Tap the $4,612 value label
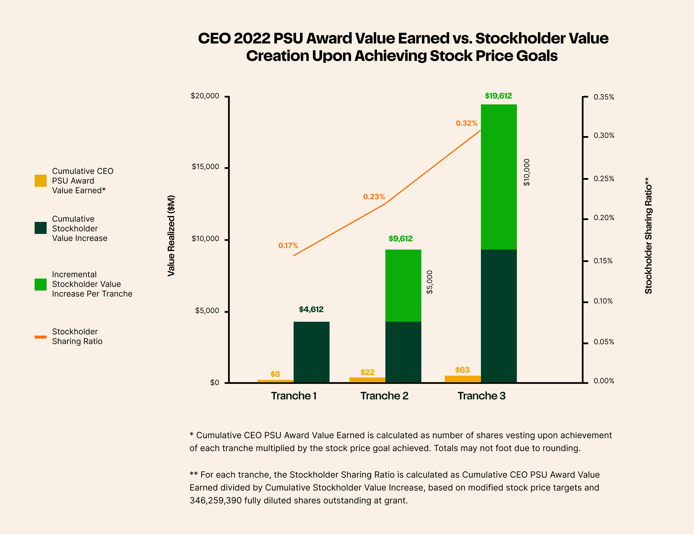coord(311,309)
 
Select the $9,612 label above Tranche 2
coord(400,239)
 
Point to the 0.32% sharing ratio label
coord(466,123)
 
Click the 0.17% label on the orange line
coord(288,246)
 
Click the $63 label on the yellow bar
coord(462,370)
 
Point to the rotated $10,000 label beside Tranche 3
coord(527,172)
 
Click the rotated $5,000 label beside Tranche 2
coord(429,282)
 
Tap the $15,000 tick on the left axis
coord(205,167)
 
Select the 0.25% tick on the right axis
coord(604,179)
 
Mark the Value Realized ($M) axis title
coord(171,235)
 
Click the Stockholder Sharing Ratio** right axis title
coord(648,235)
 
